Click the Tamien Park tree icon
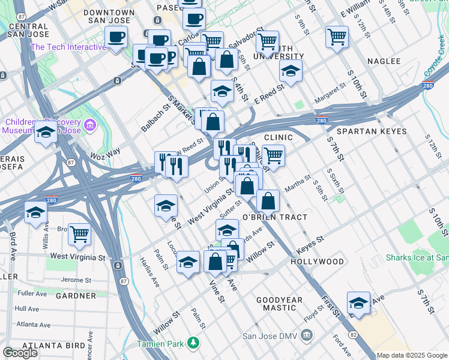(193, 343)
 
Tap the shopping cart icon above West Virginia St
(79, 234)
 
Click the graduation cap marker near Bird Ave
(35, 212)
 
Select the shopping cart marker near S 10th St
(337, 37)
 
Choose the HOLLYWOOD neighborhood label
(317, 262)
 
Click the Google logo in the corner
(20, 353)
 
